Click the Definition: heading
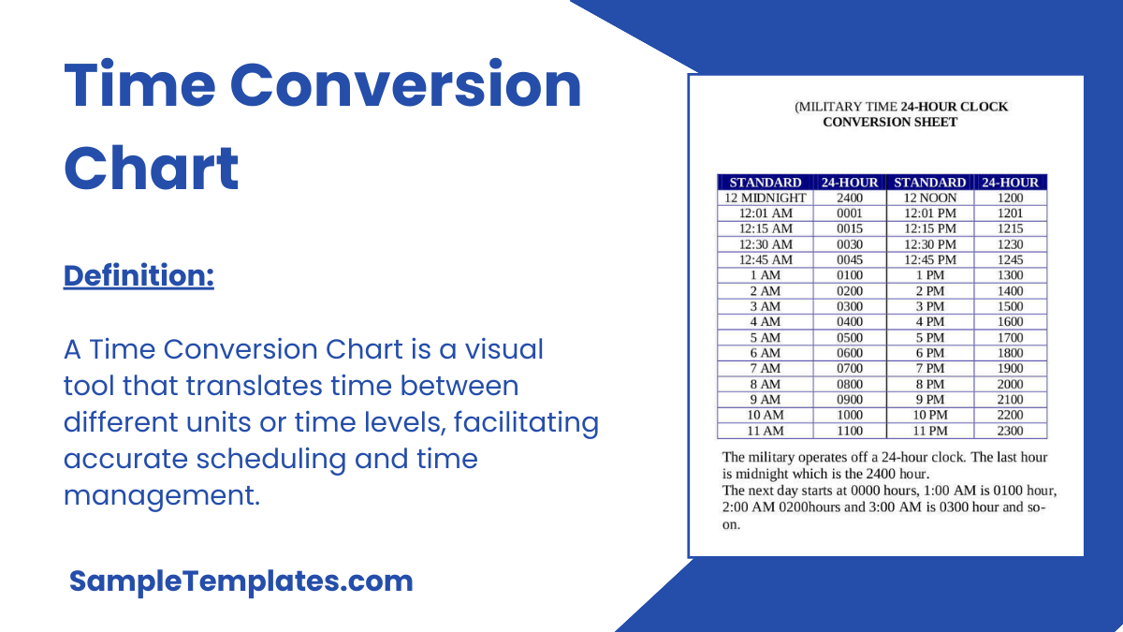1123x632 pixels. tap(139, 276)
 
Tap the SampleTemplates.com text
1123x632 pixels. tap(241, 581)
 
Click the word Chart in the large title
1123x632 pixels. tap(152, 169)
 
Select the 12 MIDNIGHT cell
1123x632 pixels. tap(765, 198)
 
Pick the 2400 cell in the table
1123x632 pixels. tap(850, 198)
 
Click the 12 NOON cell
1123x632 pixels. tap(929, 198)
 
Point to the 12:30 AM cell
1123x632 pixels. tap(765, 244)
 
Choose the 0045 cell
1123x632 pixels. tap(850, 259)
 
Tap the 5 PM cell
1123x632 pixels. tap(929, 337)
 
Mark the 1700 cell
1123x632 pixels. tap(1010, 337)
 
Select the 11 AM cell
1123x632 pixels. tap(765, 431)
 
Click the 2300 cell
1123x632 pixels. tap(1010, 431)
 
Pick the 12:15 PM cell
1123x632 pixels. tap(929, 228)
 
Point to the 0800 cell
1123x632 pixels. tap(850, 384)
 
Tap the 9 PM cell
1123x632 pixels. tap(929, 400)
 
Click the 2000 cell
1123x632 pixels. tap(1010, 384)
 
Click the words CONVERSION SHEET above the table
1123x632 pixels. tap(889, 122)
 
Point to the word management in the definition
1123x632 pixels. tap(161, 494)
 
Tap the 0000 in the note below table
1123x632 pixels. tap(866, 491)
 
